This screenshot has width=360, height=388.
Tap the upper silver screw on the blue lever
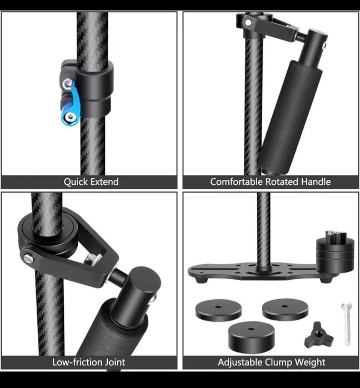coord(67,83)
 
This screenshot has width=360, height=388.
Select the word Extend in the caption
coord(104,182)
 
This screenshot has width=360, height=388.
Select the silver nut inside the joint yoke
coord(92,259)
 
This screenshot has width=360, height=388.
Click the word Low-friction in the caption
coord(77,362)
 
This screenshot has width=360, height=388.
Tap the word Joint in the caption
coord(114,362)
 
